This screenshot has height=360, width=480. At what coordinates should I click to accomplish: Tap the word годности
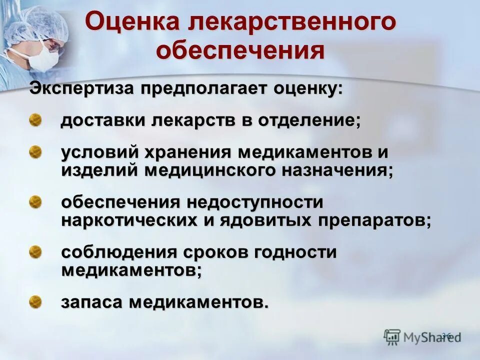295,252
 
